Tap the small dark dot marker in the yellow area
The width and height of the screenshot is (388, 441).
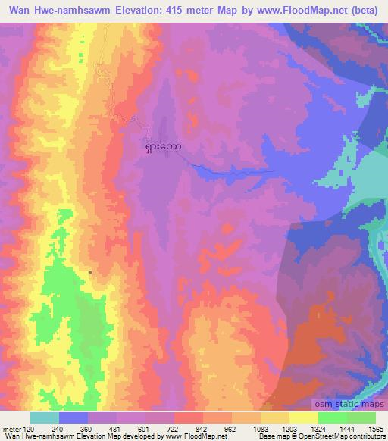91,271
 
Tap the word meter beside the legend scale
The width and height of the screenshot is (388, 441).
11,428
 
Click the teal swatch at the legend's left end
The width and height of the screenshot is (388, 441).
45,418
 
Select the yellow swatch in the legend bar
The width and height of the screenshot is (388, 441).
304,418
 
